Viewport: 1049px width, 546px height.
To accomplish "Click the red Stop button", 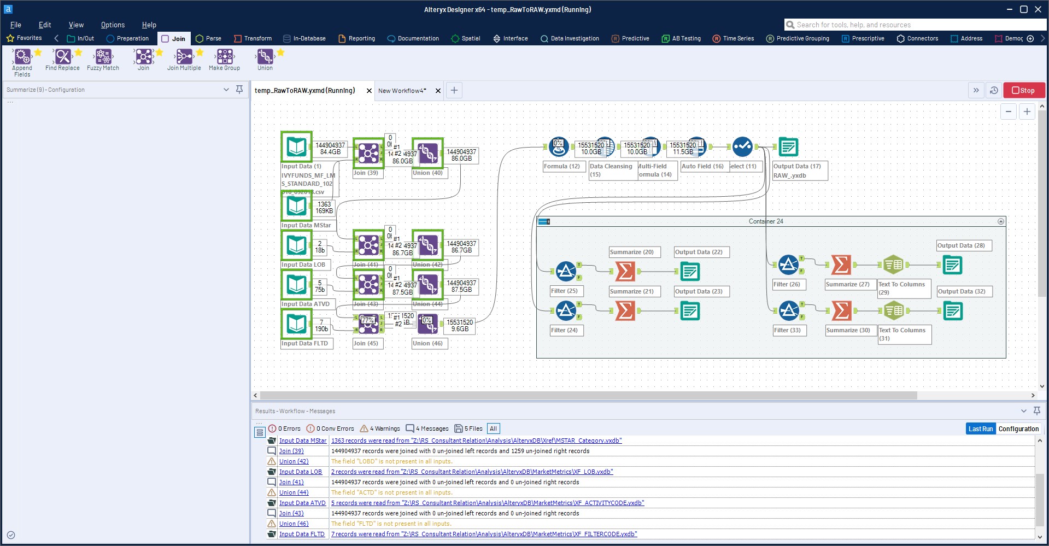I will point(1023,90).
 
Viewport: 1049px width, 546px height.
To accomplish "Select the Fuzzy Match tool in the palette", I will point(103,56).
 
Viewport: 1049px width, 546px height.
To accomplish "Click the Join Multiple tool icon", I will point(184,56).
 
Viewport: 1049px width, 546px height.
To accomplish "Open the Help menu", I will point(149,25).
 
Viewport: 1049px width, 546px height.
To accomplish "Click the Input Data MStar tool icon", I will point(296,206).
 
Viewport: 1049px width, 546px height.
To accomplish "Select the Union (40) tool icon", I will point(427,153).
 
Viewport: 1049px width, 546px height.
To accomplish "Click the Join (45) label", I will point(366,343).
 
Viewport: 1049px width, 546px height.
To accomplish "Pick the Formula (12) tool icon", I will point(558,146).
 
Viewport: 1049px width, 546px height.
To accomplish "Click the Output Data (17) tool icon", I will point(788,146).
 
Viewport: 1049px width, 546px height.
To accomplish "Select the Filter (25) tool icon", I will point(566,271).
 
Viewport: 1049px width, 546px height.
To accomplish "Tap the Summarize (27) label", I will point(847,284).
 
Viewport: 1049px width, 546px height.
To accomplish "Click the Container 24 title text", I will point(765,221).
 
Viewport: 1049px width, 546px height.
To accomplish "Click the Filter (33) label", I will point(787,330).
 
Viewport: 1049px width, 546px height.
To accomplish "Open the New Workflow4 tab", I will point(402,91).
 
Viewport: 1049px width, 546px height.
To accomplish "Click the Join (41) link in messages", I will point(291,482).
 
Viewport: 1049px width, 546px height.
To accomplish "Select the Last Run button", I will point(980,429).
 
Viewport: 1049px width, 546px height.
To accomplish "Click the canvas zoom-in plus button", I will point(1027,111).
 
